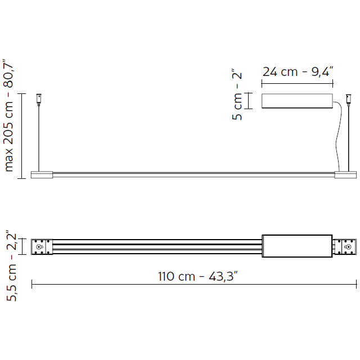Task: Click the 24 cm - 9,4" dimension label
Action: click(x=298, y=71)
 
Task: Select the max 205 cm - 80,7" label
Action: click(x=9, y=115)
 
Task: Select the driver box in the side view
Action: click(x=297, y=101)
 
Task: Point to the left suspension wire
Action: click(x=39, y=135)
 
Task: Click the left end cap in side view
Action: click(x=42, y=174)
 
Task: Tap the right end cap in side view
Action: click(x=345, y=174)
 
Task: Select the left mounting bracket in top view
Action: click(x=42, y=247)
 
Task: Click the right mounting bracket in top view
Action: click(x=345, y=247)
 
